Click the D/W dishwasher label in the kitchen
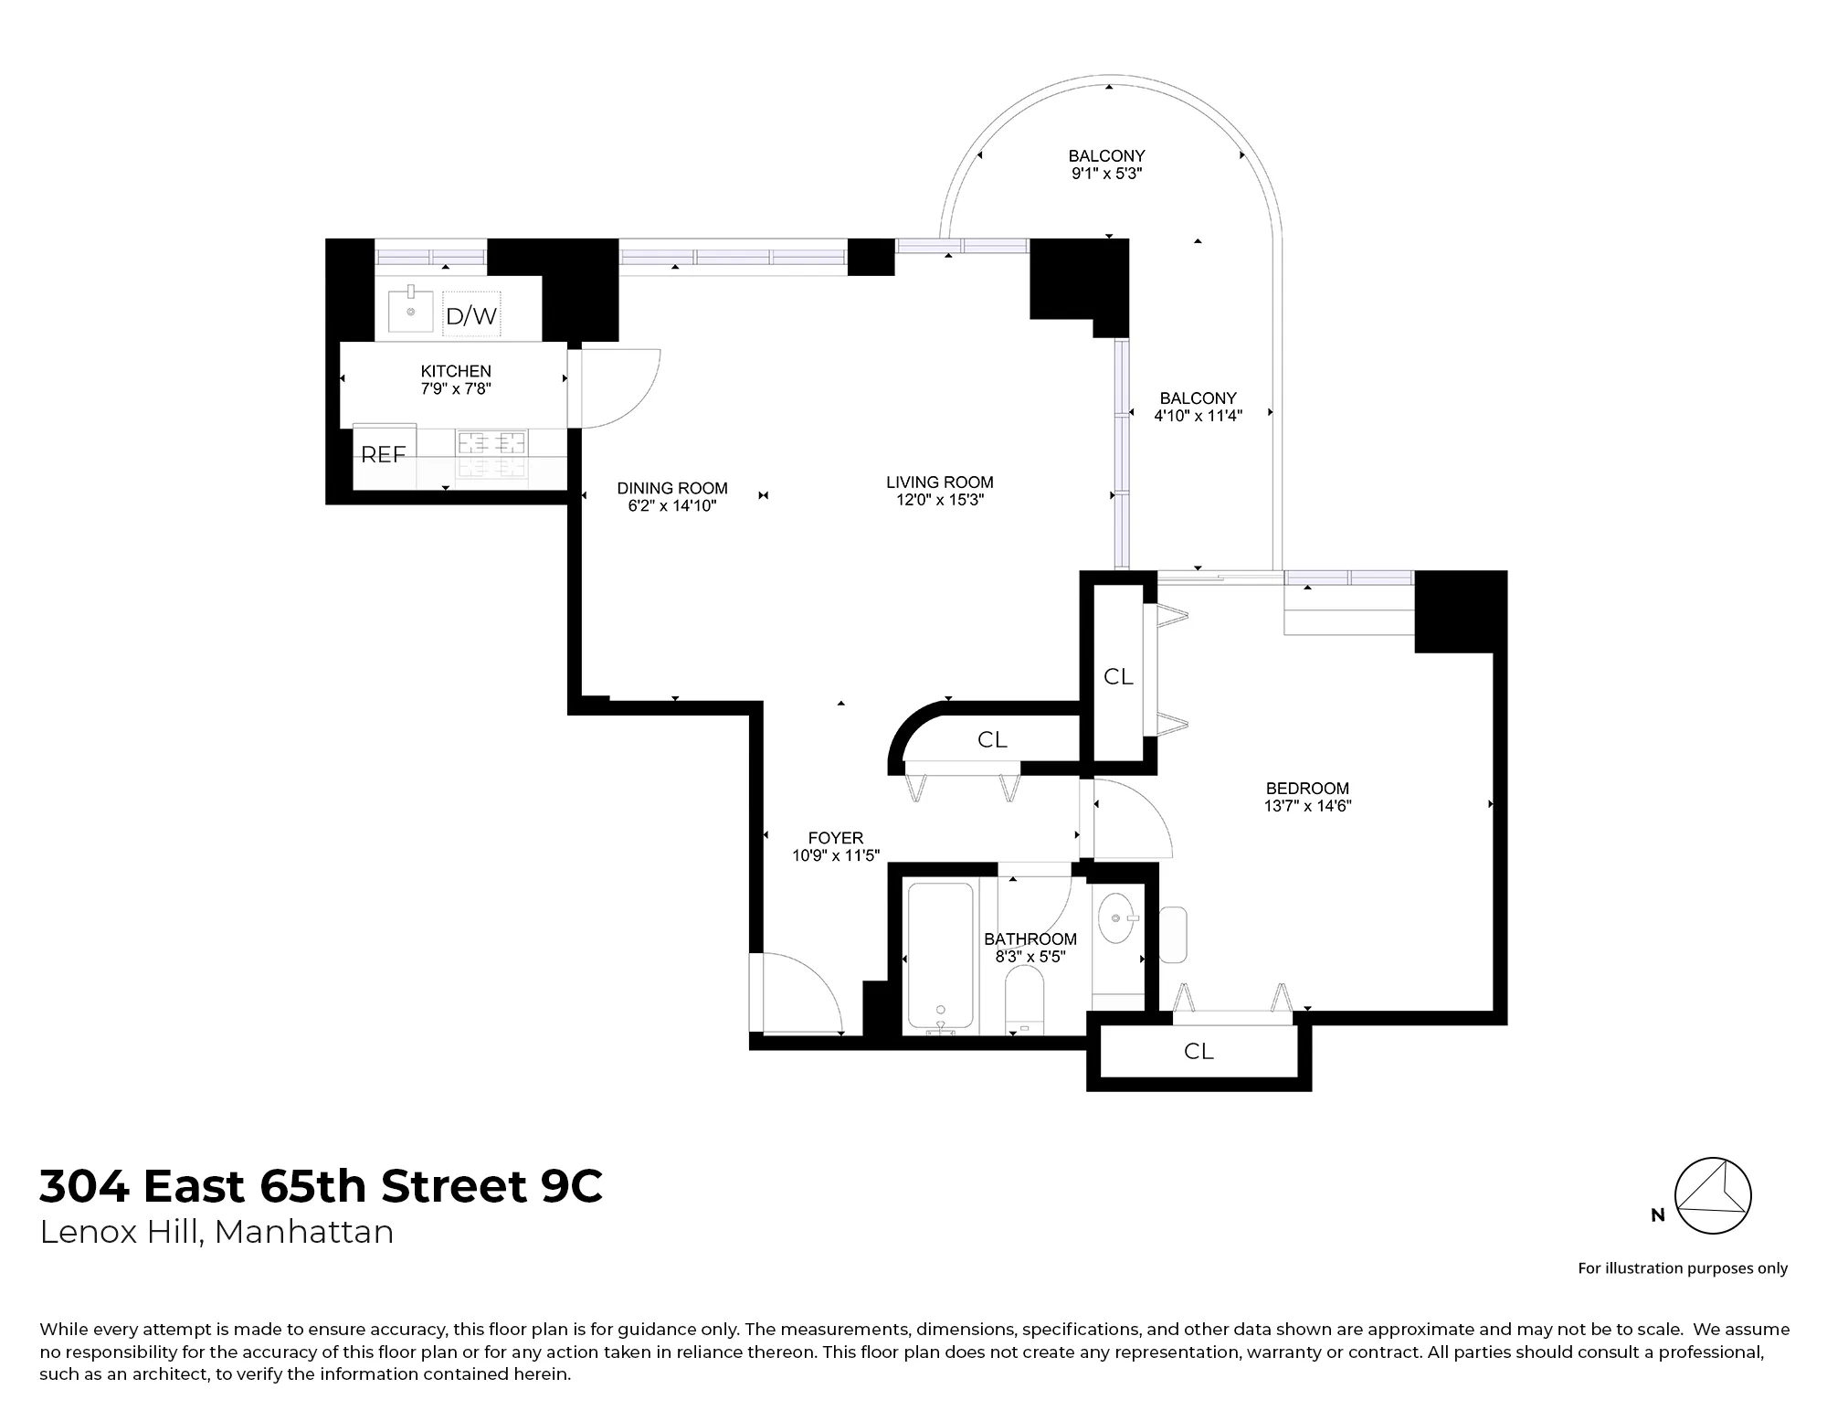[471, 316]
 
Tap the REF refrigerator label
[383, 454]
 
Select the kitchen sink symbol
[411, 312]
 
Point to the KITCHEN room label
[456, 371]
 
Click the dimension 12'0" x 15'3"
[939, 500]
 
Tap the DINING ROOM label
[672, 488]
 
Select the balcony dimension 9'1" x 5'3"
[1106, 174]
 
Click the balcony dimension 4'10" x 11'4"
[1198, 416]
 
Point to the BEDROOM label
[1307, 788]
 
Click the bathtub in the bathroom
[940, 955]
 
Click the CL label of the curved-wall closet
[992, 740]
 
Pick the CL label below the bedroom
[1199, 1052]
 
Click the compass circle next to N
[1713, 1195]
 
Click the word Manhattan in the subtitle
[304, 1232]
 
